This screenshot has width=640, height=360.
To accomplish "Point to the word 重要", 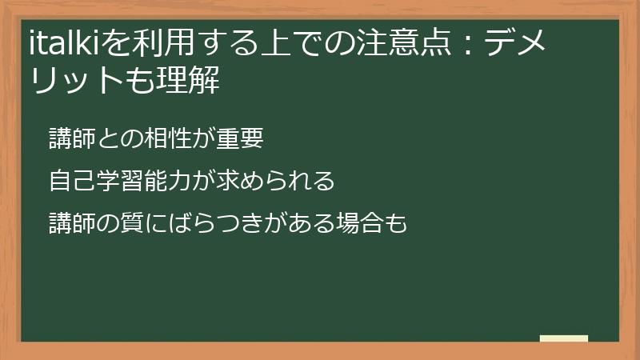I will tap(241, 138).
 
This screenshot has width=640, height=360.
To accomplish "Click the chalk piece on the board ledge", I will tap(564, 339).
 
